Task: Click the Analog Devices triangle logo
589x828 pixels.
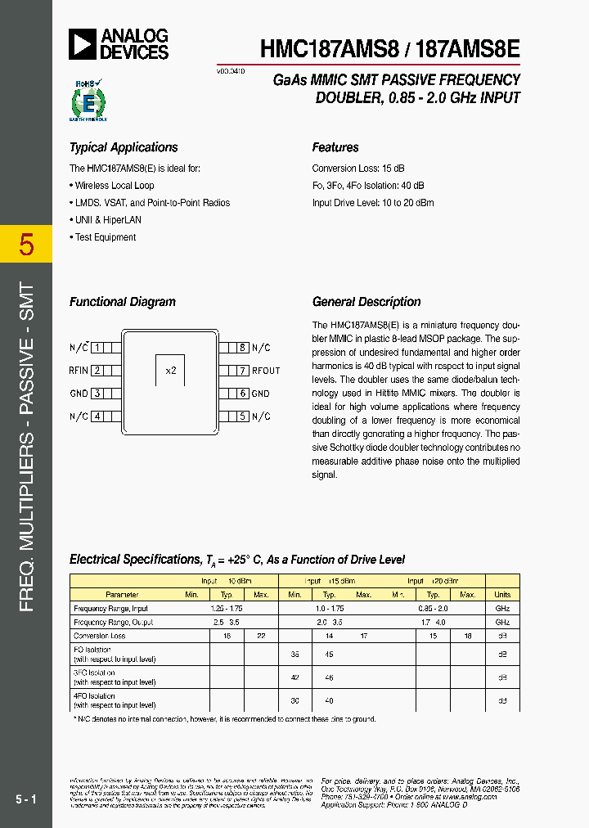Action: point(83,44)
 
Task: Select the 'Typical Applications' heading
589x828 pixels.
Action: point(124,147)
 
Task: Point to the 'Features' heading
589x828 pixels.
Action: point(335,147)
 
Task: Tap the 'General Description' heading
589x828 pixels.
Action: point(366,302)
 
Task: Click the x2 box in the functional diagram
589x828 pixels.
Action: point(170,370)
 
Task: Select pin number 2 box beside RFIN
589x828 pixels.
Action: point(97,371)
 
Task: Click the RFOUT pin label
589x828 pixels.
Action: point(266,371)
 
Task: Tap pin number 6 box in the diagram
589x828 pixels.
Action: point(243,394)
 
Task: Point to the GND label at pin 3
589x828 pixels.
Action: point(79,394)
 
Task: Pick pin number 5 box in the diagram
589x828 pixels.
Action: point(243,416)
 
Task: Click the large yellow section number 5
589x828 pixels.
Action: point(26,245)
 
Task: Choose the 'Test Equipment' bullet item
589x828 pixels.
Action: point(105,237)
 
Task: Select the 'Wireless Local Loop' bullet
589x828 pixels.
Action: point(114,186)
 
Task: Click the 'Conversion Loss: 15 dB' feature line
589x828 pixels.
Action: point(358,168)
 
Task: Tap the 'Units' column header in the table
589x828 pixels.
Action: point(502,595)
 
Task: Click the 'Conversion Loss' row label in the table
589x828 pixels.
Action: point(100,636)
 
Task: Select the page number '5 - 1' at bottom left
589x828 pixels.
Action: point(25,799)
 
